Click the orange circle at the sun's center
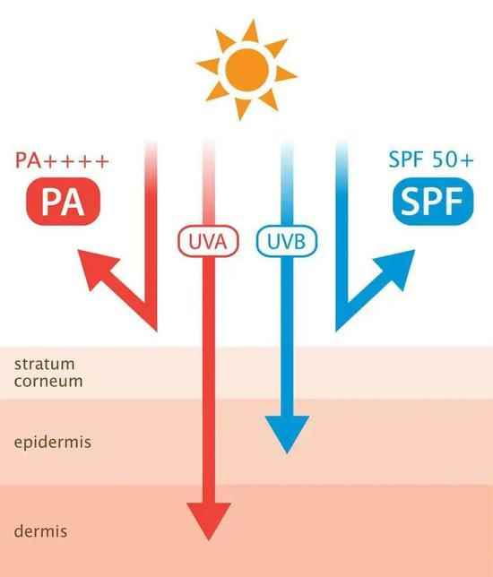pos(246,69)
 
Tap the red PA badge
pos(64,202)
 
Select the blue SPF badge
pos(433,202)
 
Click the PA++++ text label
pos(62,160)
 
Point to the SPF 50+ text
pos(431,159)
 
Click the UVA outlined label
pos(208,241)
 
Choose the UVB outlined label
pos(287,241)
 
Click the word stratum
pos(45,364)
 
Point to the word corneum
pos(48,381)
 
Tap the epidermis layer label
pos(53,443)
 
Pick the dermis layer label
pos(40,531)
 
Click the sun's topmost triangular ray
pos(252,31)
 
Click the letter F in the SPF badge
pos(454,201)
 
